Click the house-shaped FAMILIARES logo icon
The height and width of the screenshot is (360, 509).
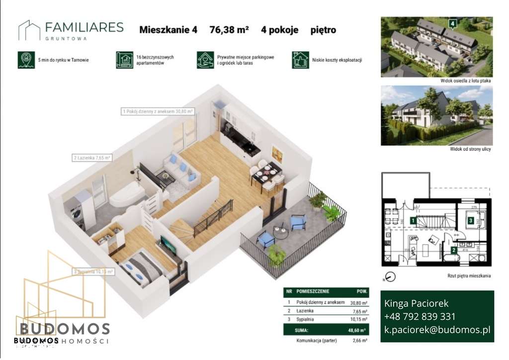coord(29,30)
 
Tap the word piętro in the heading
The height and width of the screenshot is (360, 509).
coord(323,30)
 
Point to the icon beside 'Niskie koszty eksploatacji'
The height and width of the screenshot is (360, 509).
coord(300,60)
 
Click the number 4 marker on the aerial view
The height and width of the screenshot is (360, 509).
coord(452,23)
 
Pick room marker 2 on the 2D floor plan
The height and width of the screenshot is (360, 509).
coord(454,251)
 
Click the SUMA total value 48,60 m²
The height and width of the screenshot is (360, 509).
coord(358,329)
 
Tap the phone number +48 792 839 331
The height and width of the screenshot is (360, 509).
coord(420,316)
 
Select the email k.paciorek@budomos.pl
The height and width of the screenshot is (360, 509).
coord(437,329)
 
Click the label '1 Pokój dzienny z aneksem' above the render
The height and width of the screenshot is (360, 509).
coord(157,112)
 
